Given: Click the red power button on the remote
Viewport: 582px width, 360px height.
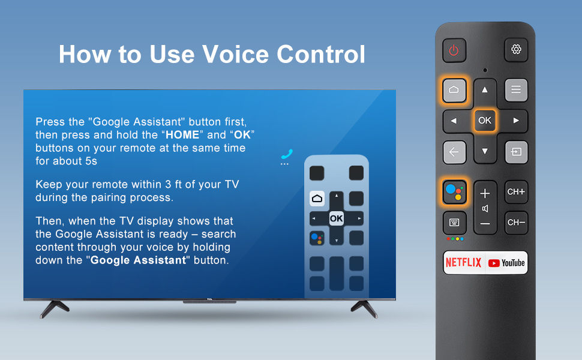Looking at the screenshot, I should coord(454,50).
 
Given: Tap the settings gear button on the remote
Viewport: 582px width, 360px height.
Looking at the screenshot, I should coord(516,50).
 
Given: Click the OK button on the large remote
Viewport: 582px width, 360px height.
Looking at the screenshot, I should coord(485,121).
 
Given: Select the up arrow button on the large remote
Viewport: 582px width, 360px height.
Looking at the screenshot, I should coord(485,90).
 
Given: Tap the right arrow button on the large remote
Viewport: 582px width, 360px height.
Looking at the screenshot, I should coord(515,121).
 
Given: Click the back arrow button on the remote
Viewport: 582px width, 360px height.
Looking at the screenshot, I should coord(454,152).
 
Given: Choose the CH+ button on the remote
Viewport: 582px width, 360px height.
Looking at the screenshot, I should coord(516,192).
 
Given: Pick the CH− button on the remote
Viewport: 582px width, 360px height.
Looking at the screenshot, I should coord(516,223).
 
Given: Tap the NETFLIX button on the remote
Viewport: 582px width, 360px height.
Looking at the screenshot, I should coord(463,263).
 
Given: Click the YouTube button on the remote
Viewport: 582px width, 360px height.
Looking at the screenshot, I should coord(506,263).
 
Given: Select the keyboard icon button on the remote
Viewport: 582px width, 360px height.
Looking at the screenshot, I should coord(454,223).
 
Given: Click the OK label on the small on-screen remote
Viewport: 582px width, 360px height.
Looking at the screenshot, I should coord(336,218).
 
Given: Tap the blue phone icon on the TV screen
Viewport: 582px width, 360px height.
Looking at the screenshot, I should coord(286,154).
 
